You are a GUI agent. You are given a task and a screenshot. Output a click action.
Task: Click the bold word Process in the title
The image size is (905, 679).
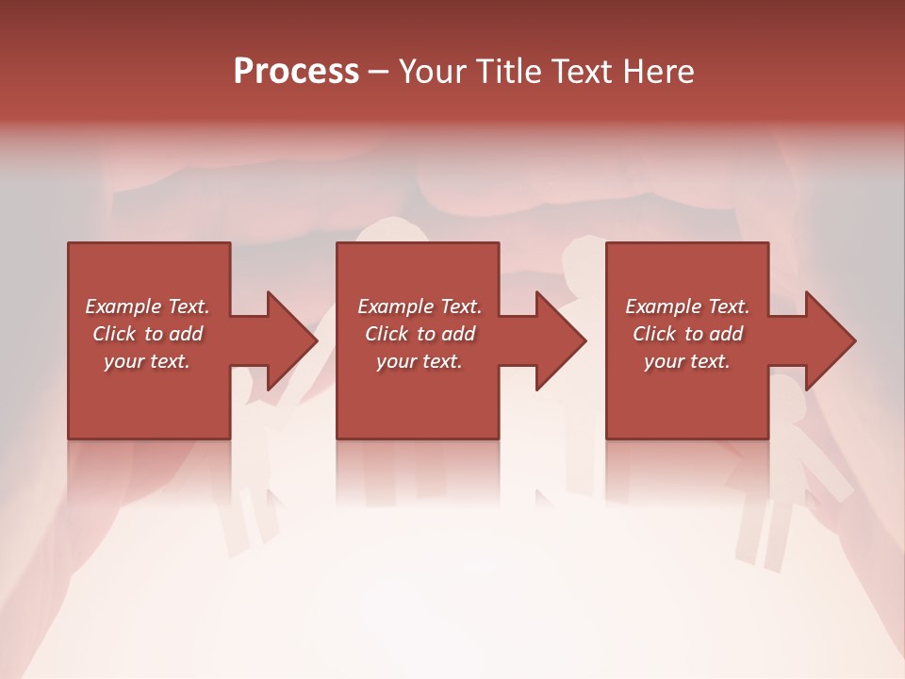pyautogui.click(x=296, y=72)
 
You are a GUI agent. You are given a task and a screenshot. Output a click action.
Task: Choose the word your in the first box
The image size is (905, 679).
pyautogui.click(x=123, y=361)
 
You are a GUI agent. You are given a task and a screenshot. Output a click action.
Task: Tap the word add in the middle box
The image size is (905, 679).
pyautogui.click(x=457, y=334)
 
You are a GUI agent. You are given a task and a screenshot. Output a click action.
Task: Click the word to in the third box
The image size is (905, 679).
pyautogui.click(x=694, y=334)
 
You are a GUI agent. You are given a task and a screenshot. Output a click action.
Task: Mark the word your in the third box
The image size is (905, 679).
pyautogui.click(x=664, y=361)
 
